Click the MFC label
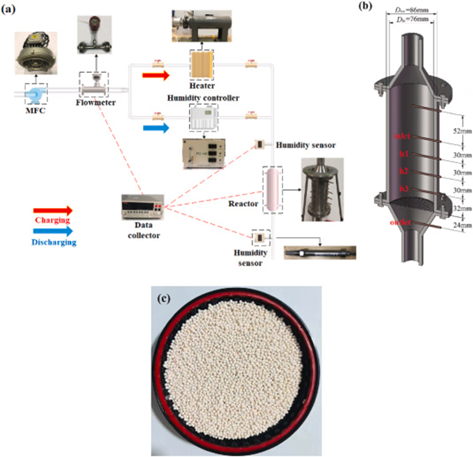(x=36, y=112)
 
